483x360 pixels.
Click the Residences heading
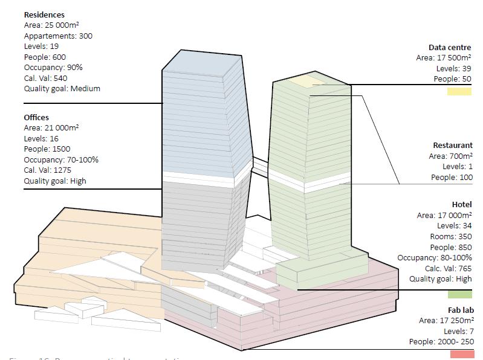[44, 14]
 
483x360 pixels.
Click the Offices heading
[36, 117]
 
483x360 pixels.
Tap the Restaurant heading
[453, 145]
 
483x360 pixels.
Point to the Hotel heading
[462, 205]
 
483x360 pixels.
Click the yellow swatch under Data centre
[459, 92]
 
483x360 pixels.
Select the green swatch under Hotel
[459, 294]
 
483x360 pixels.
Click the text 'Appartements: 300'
[58, 36]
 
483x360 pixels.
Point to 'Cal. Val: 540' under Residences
[45, 78]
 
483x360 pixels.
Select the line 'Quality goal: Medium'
[62, 89]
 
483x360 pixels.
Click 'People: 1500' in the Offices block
[47, 149]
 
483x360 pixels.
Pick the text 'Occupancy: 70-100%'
[61, 159]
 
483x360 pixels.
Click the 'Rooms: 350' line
[451, 236]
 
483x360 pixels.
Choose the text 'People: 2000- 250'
[441, 342]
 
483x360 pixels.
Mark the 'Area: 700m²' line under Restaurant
[451, 156]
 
